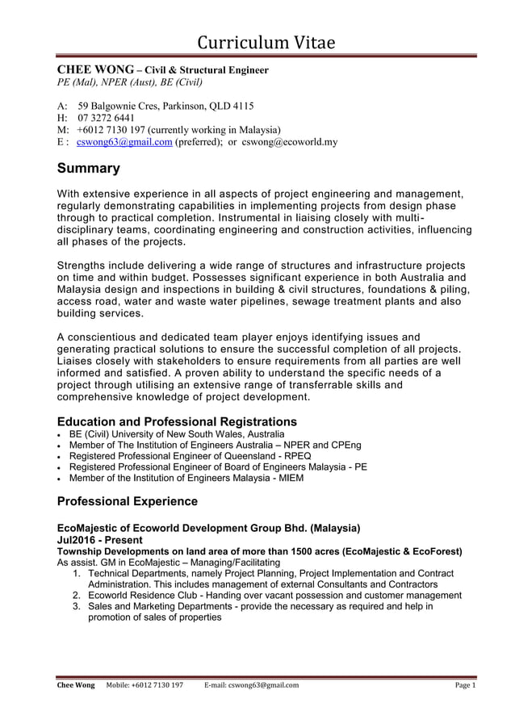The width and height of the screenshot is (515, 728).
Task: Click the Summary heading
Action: tap(89, 169)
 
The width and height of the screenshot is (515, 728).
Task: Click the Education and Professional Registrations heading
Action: tap(177, 422)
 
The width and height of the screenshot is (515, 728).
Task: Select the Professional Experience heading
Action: tap(128, 501)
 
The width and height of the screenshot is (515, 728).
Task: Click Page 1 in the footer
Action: tap(464, 685)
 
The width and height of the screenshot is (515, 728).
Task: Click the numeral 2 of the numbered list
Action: tap(76, 596)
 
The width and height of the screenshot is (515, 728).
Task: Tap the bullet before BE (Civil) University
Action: tap(61, 433)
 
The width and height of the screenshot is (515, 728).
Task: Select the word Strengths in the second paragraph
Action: tap(83, 266)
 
